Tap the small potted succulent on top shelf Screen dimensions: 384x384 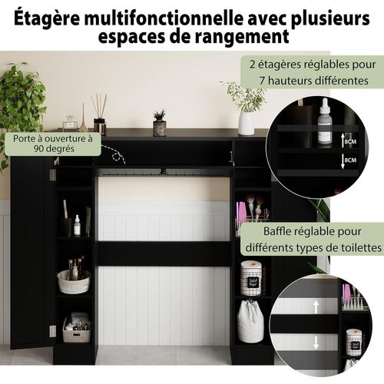159,123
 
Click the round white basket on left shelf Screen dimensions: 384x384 74,282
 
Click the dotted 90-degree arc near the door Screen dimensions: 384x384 118,157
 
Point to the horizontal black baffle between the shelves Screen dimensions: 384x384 165,253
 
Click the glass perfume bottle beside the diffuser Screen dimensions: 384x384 70,122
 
